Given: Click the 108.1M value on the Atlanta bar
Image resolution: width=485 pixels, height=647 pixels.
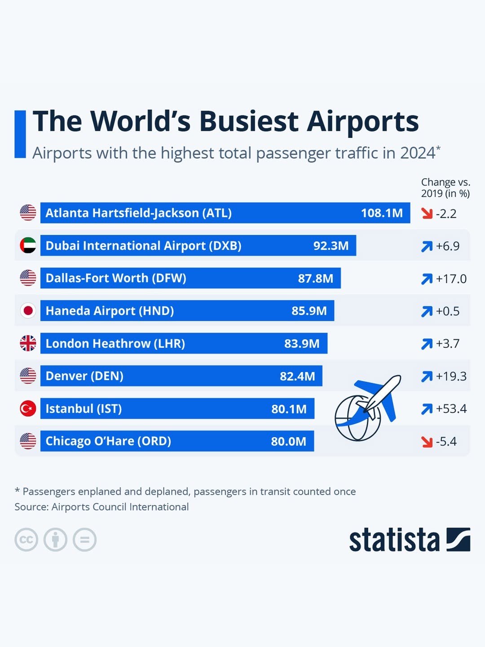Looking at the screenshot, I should (x=382, y=213).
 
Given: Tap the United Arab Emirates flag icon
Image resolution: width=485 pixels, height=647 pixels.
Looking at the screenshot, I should (x=28, y=245).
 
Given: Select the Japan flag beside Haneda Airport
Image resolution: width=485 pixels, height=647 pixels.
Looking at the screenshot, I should (x=28, y=310).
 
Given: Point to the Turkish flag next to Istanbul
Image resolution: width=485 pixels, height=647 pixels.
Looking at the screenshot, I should (x=28, y=408).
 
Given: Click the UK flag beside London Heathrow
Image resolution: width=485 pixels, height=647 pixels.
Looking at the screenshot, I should (x=28, y=343).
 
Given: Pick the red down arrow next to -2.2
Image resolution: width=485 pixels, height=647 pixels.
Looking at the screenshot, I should (x=427, y=213).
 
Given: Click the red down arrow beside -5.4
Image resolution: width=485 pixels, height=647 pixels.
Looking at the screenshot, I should (x=427, y=442).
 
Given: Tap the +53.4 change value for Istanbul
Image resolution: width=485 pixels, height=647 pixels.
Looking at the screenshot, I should (x=451, y=408).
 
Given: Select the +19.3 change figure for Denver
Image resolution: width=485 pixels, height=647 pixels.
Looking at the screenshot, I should (x=451, y=376).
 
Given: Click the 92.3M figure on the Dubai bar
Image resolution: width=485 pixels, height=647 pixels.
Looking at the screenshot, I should (x=331, y=246).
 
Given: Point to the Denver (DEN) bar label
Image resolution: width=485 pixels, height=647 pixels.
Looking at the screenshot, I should (x=84, y=376).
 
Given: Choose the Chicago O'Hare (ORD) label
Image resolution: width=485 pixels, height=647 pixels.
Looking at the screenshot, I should (x=108, y=441).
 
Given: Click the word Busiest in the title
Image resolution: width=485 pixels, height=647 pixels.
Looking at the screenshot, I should (x=249, y=121).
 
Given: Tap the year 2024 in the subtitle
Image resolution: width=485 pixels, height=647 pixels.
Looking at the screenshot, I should (x=418, y=153).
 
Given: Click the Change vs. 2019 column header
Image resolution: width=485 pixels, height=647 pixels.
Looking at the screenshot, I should (x=445, y=188).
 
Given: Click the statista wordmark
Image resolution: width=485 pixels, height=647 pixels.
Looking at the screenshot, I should (x=394, y=540).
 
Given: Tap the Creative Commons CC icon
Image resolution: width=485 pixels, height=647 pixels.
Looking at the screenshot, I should (x=26, y=540).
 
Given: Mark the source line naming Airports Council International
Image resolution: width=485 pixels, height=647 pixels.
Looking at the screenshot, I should (x=101, y=507).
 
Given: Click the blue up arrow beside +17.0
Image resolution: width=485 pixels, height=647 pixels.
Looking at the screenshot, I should (x=427, y=279).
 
